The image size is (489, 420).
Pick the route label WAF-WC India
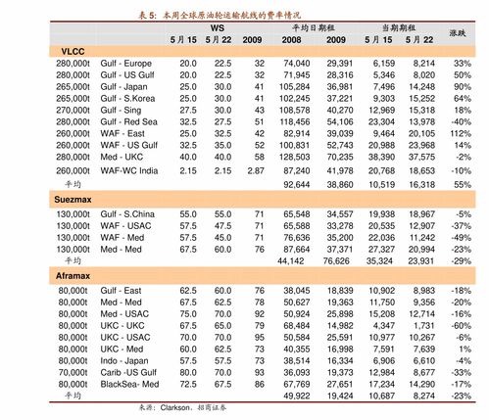pyautogui.click(x=129, y=170)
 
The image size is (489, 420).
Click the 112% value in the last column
pyautogui.click(x=458, y=132)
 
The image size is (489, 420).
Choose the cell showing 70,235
pyautogui.click(x=339, y=156)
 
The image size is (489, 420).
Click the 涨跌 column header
pyautogui.click(x=457, y=33)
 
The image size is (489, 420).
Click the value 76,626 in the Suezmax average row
pyautogui.click(x=339, y=261)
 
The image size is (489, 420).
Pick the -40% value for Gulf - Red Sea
pyautogui.click(x=459, y=120)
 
